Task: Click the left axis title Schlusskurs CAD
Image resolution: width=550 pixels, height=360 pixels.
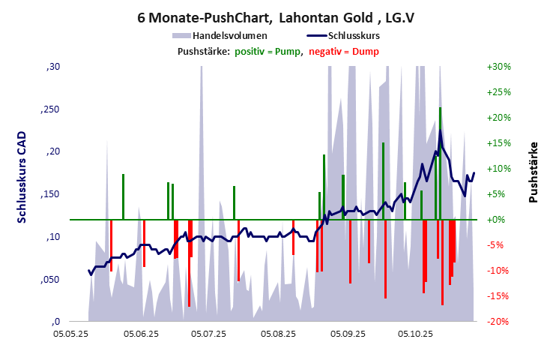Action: tap(22, 176)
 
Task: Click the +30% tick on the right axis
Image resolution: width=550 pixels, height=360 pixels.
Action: tap(498, 67)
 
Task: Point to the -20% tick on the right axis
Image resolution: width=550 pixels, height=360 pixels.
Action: tap(498, 322)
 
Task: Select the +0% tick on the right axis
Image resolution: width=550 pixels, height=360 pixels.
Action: tap(498, 220)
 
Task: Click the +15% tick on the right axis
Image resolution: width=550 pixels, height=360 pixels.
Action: tap(498, 143)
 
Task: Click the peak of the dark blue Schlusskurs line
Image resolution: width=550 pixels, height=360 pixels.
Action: tap(440, 131)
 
